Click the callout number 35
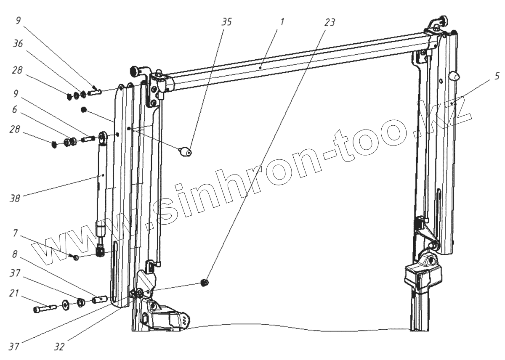[226, 22]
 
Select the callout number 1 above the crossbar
[282, 22]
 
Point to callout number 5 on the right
[497, 76]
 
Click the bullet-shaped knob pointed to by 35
[186, 151]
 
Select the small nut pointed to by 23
[205, 283]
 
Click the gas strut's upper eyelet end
[102, 136]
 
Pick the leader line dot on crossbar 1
[261, 66]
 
